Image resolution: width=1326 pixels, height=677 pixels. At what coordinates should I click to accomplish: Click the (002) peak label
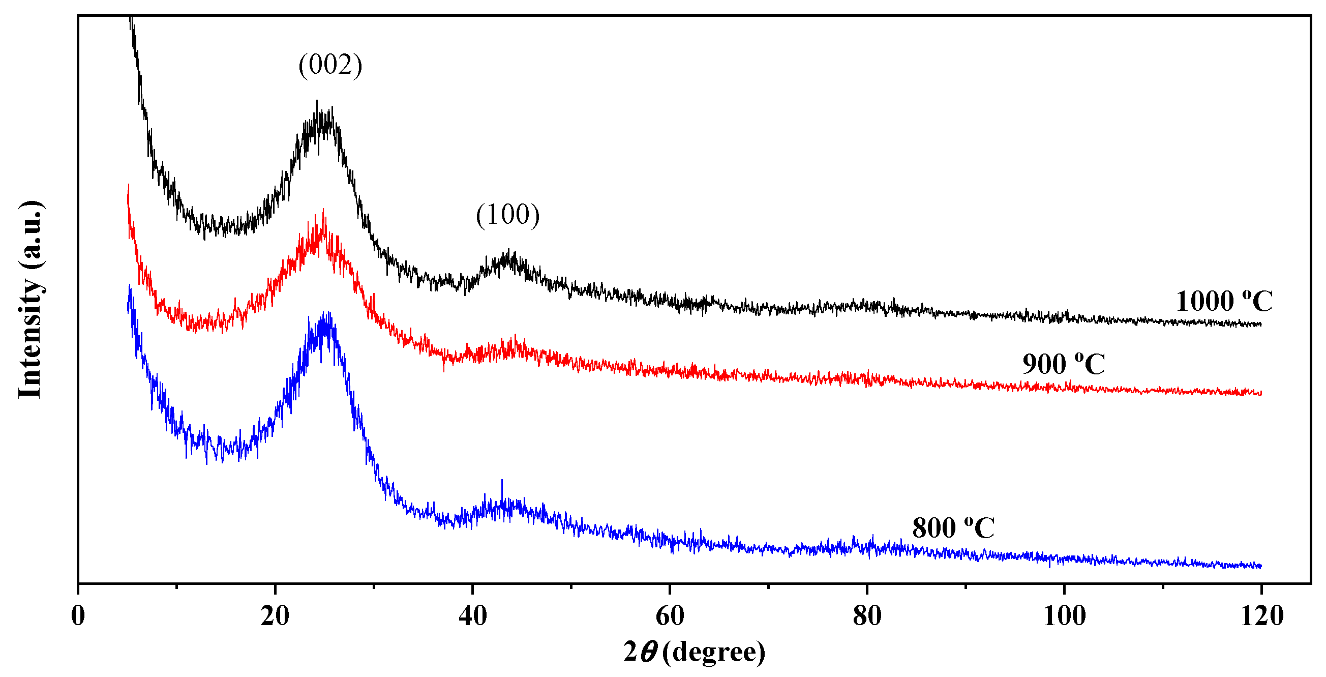click(x=330, y=66)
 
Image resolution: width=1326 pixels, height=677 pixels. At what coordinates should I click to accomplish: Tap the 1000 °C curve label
click(x=1224, y=301)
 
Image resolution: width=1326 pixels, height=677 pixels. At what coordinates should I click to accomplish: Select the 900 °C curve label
click(x=1064, y=365)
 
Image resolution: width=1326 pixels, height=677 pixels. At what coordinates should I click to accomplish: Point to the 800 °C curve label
click(x=953, y=527)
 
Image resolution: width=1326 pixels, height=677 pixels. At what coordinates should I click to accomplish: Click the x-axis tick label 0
click(x=78, y=616)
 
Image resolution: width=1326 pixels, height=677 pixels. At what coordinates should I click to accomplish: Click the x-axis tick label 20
click(x=275, y=616)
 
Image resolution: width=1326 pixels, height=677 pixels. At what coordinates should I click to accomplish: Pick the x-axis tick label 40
click(x=472, y=616)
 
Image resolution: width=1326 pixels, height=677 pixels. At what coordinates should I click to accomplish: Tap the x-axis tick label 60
click(x=670, y=616)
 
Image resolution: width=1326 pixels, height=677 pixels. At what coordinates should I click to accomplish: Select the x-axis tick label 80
click(x=867, y=616)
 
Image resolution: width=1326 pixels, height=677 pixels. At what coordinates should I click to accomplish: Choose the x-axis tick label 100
click(x=1064, y=616)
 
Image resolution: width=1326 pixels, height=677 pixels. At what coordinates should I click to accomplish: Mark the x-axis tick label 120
click(x=1261, y=616)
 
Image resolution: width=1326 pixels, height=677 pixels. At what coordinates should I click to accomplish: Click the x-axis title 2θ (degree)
click(x=695, y=652)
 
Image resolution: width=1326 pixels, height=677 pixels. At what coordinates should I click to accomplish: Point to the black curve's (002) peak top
click(x=317, y=101)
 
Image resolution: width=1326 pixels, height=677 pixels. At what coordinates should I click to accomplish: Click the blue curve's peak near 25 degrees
click(x=326, y=314)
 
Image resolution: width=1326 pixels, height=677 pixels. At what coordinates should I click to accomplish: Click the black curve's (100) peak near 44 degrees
click(x=509, y=251)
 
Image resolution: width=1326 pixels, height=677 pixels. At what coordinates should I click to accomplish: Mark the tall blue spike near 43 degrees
click(x=502, y=481)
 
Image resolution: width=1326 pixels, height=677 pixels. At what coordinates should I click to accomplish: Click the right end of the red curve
click(x=1260, y=394)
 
